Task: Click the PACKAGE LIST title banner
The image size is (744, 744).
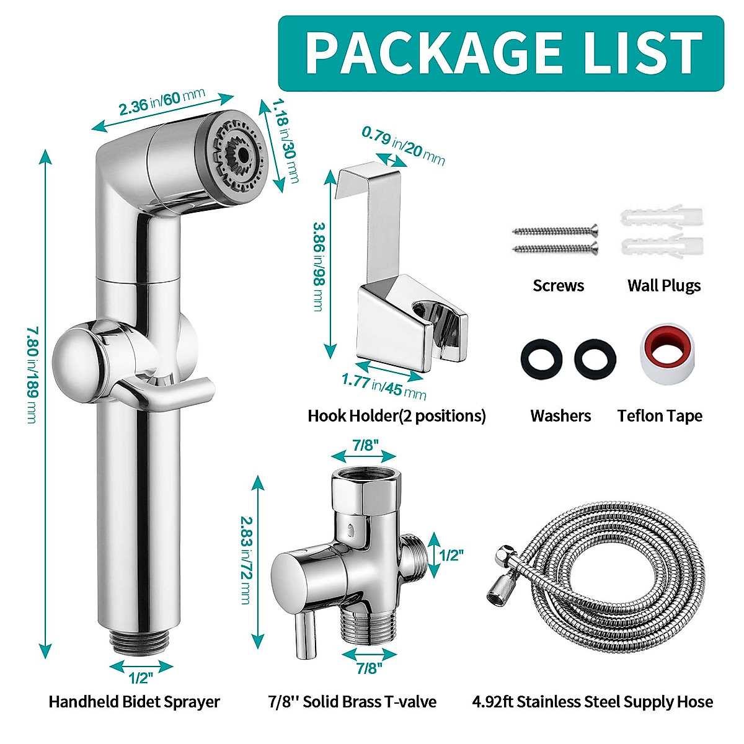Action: tap(501, 53)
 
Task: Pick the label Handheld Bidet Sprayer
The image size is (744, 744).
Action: tap(135, 702)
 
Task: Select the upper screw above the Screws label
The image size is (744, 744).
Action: tap(555, 231)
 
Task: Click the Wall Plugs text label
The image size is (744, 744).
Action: tap(664, 286)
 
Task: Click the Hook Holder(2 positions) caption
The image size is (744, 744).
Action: tap(397, 415)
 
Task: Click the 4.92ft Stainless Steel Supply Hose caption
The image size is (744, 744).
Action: tap(592, 702)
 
